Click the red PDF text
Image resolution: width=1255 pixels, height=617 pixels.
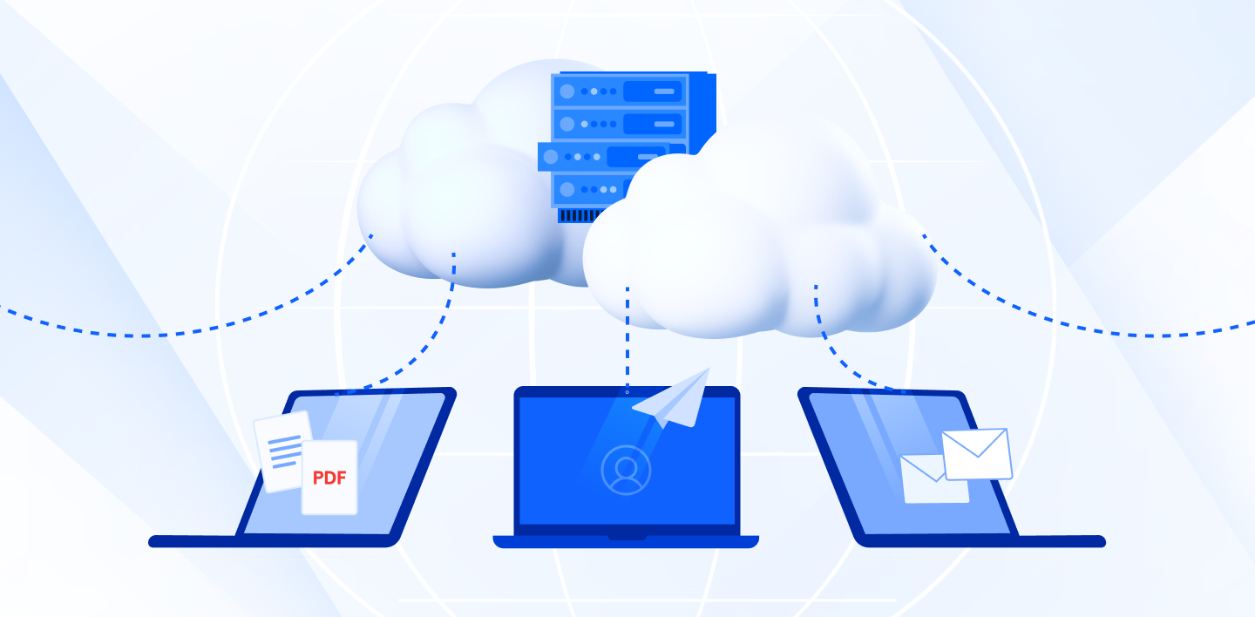[329, 478]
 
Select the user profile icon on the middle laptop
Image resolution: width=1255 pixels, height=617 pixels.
[626, 471]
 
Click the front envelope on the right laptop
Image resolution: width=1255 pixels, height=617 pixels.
[977, 454]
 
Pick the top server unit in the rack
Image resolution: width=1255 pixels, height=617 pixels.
[620, 91]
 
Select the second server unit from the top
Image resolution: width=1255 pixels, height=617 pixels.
[620, 124]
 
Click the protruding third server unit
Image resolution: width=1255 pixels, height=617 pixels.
[602, 156]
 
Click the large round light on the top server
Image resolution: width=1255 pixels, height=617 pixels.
[567, 92]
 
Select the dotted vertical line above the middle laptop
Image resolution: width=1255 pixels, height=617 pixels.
[627, 338]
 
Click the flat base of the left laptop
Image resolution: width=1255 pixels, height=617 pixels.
[275, 541]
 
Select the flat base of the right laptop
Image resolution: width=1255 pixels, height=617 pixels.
[980, 541]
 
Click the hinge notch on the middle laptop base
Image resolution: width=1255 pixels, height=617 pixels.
[627, 538]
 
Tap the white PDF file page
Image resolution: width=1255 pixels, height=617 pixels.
[329, 478]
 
